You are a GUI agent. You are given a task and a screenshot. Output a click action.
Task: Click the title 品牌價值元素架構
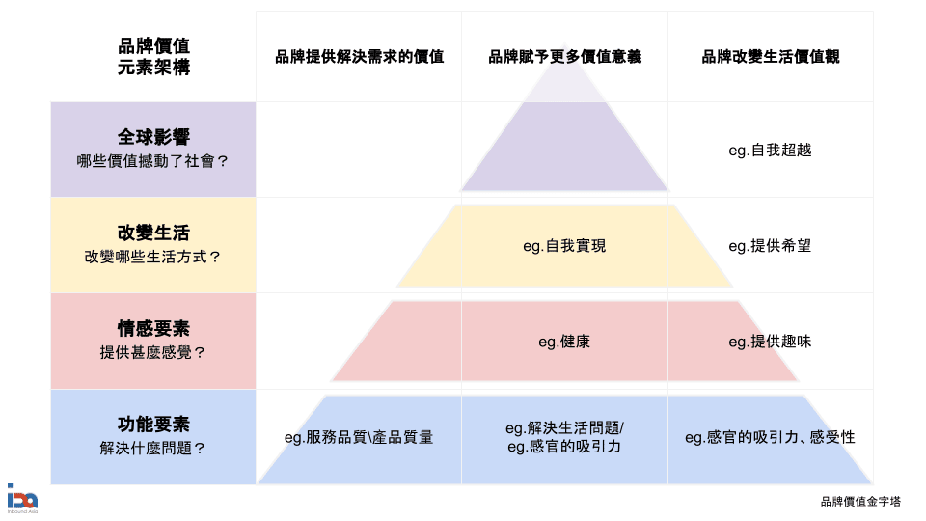(x=153, y=56)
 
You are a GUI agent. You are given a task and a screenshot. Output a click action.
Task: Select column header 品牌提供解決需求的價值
(x=359, y=56)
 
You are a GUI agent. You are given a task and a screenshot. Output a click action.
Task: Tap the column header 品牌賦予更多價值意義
(x=564, y=56)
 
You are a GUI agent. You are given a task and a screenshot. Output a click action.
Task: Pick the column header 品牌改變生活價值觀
(x=770, y=56)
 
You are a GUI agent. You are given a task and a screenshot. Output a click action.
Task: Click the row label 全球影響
(x=153, y=137)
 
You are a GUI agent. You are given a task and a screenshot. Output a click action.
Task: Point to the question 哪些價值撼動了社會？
(x=153, y=161)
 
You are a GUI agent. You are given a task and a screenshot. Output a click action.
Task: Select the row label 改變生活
(x=153, y=233)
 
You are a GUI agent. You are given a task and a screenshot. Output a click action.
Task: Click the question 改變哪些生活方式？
(x=153, y=257)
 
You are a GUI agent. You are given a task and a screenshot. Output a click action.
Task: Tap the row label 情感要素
(x=153, y=328)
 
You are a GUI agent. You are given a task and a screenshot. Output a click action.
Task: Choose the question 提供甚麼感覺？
(x=153, y=352)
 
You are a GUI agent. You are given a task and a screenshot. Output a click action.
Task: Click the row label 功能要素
(x=153, y=424)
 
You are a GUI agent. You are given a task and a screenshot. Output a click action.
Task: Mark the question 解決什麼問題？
(x=153, y=448)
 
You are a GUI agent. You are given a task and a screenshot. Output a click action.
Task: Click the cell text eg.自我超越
(x=770, y=150)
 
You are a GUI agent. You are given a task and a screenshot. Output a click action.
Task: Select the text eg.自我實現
(x=564, y=246)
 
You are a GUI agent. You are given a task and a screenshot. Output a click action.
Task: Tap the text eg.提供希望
(x=770, y=246)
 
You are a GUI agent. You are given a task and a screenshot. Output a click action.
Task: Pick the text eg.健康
(x=564, y=342)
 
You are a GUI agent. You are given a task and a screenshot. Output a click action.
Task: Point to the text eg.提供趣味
(x=770, y=342)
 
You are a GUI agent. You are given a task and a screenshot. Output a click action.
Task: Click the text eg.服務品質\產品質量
(x=359, y=437)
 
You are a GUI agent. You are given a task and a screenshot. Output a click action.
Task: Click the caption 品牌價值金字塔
(x=860, y=501)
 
